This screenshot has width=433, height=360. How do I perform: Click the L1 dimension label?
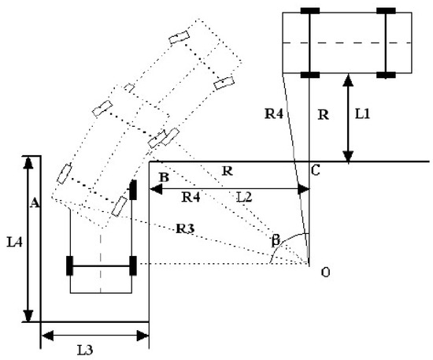[x=362, y=113]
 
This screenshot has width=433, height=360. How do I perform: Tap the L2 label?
[x=244, y=197]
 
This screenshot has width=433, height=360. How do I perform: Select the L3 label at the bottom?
[x=85, y=351]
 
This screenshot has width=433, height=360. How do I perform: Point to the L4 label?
[x=15, y=243]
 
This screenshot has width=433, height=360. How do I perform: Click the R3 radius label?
[x=186, y=228]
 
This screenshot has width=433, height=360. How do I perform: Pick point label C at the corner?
[x=315, y=170]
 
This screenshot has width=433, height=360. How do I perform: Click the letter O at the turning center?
[x=326, y=273]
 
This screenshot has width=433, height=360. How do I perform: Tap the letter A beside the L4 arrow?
[x=35, y=202]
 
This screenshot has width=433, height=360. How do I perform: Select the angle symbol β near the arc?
[x=276, y=240]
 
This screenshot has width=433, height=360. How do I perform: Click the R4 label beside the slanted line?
[x=274, y=113]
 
